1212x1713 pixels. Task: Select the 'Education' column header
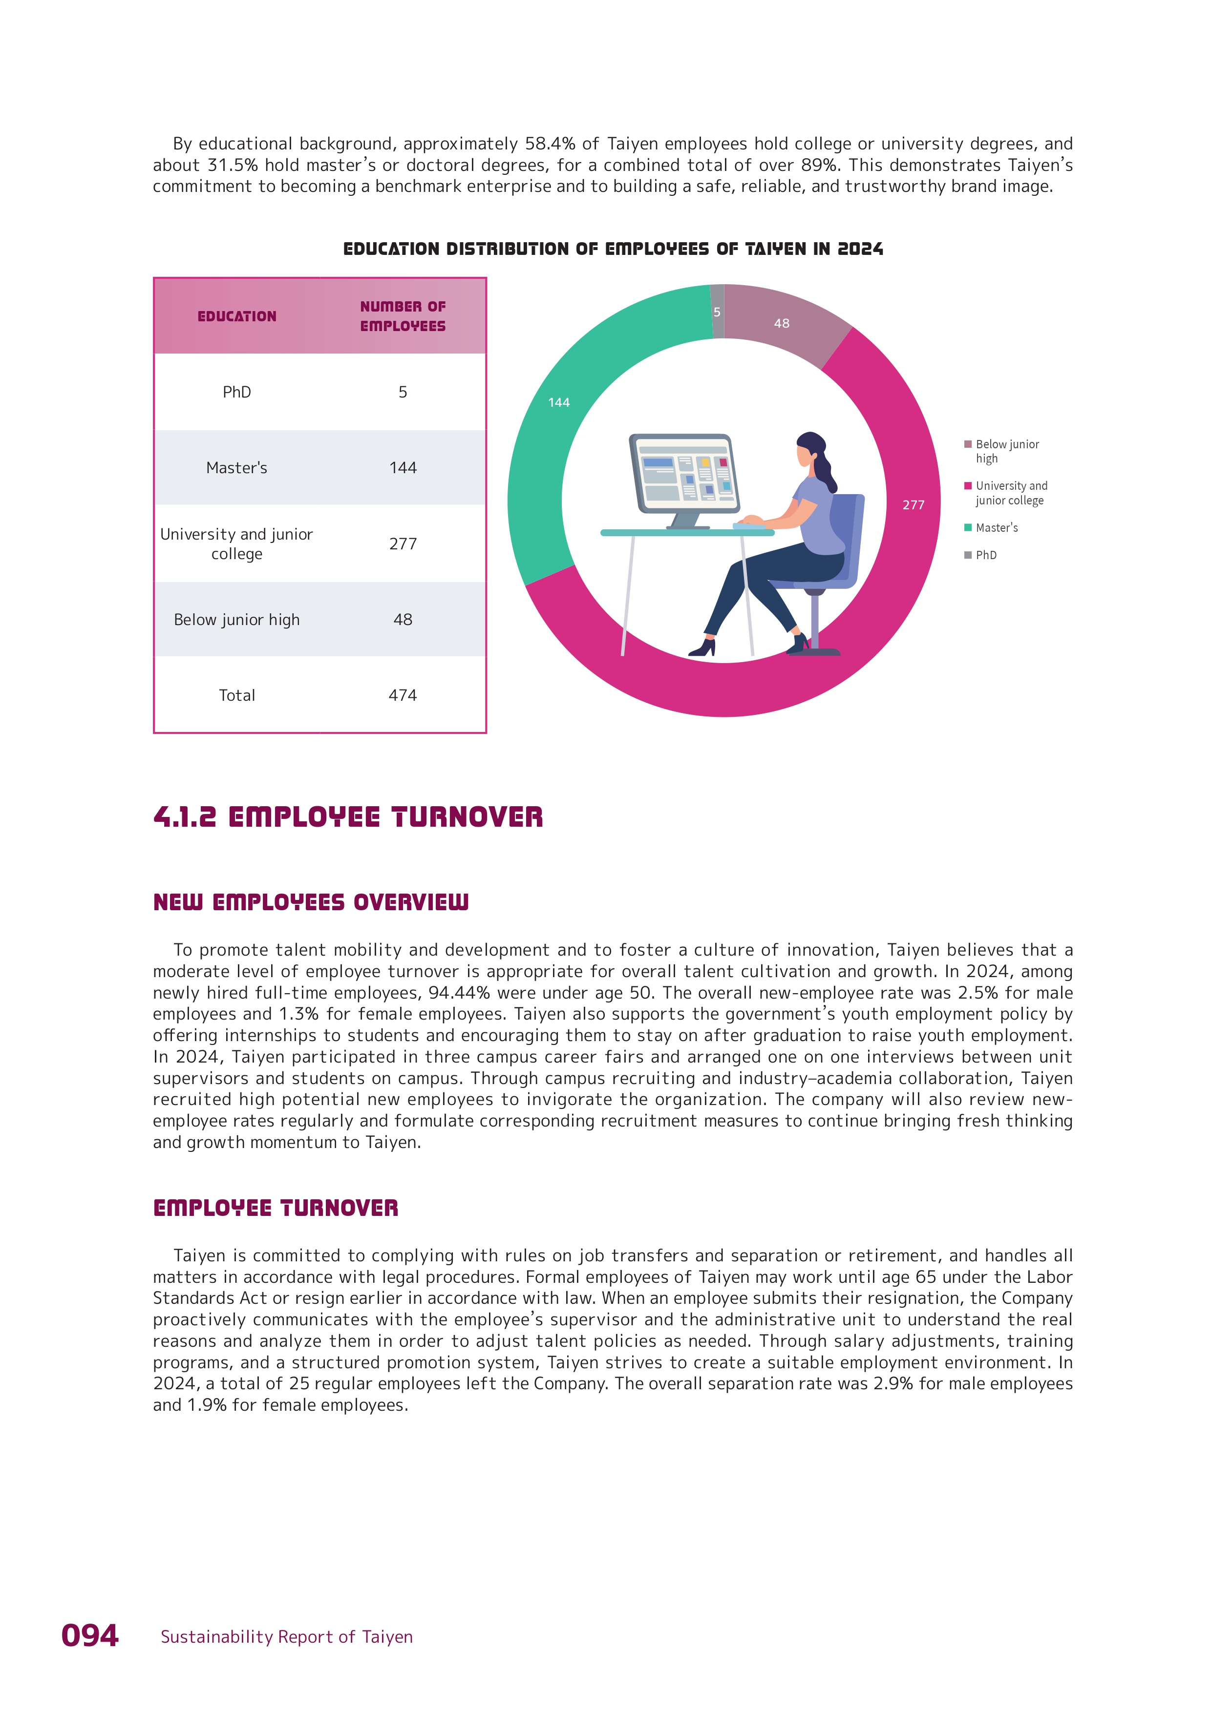[236, 316]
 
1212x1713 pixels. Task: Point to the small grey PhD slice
[717, 312]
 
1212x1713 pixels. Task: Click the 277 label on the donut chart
[914, 505]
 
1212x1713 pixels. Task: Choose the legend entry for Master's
[996, 527]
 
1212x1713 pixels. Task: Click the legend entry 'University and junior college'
[1011, 493]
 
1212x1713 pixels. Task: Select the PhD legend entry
[986, 555]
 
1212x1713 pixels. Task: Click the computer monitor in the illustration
[683, 478]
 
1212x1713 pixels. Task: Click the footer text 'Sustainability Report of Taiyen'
[287, 1637]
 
